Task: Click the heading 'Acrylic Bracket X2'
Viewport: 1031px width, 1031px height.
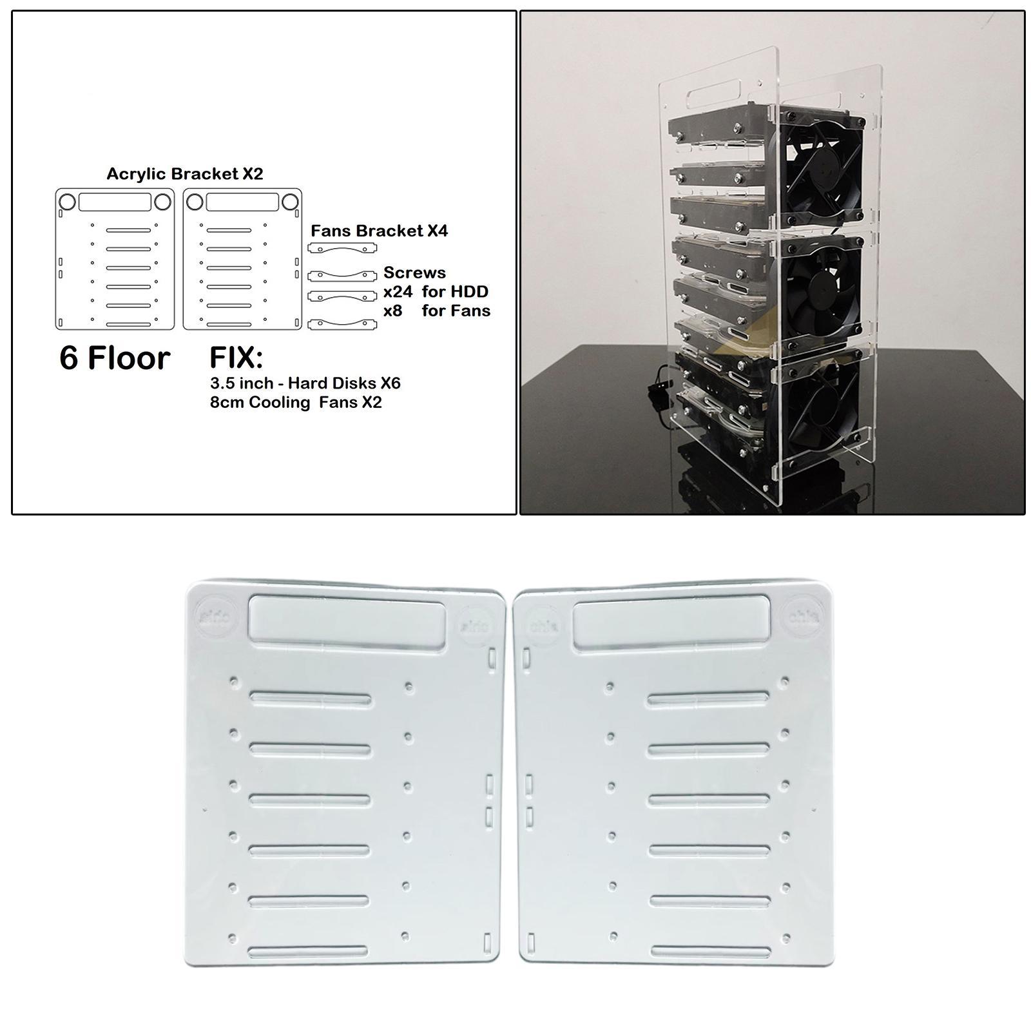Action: coord(184,174)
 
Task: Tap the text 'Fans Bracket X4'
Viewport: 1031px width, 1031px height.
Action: coord(379,231)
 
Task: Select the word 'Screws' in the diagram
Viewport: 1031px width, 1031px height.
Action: coord(414,273)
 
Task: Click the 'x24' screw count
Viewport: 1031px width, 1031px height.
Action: coord(398,292)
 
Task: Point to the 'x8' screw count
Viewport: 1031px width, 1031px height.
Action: coord(392,311)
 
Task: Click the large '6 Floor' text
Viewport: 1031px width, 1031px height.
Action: coord(115,358)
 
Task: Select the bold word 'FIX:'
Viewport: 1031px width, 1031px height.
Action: coord(236,358)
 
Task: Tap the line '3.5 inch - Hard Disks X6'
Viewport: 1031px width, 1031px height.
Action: coord(305,383)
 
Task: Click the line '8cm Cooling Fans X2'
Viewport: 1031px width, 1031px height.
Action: coord(296,403)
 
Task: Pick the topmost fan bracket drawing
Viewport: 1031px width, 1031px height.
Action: coord(342,249)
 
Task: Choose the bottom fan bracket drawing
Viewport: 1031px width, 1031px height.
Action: coord(342,324)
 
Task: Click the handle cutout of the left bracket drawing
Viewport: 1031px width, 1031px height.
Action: coord(115,202)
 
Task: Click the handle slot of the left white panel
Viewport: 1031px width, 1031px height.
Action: coord(347,619)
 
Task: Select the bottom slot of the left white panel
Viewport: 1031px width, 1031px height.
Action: coord(307,951)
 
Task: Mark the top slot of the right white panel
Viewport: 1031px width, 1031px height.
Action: coord(708,698)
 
